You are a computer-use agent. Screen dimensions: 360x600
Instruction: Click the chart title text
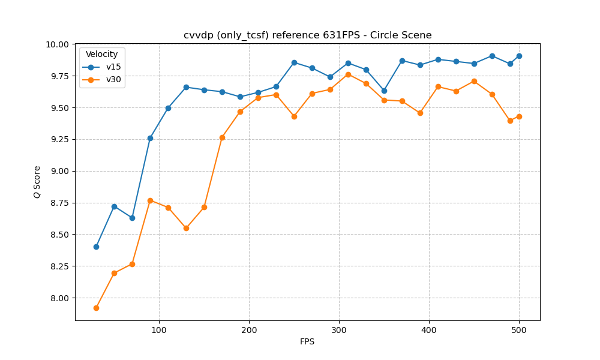click(x=307, y=35)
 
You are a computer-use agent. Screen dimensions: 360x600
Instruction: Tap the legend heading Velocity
click(x=102, y=55)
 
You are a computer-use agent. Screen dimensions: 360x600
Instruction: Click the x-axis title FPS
click(x=307, y=342)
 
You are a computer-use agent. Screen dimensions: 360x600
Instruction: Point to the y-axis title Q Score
click(x=37, y=182)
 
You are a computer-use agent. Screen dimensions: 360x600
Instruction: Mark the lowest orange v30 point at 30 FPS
click(x=96, y=308)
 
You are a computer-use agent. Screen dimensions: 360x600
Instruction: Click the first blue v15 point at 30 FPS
click(x=96, y=247)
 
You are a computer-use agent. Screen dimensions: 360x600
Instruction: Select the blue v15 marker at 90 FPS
click(x=150, y=138)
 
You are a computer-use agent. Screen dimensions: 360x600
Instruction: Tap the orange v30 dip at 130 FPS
click(x=186, y=228)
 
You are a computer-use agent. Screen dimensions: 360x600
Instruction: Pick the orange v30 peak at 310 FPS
click(x=348, y=74)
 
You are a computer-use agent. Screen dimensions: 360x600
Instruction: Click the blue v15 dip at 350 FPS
click(x=384, y=91)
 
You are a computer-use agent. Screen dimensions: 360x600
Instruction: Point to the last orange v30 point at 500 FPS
click(x=519, y=116)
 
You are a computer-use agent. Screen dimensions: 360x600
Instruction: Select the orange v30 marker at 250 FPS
click(x=294, y=116)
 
